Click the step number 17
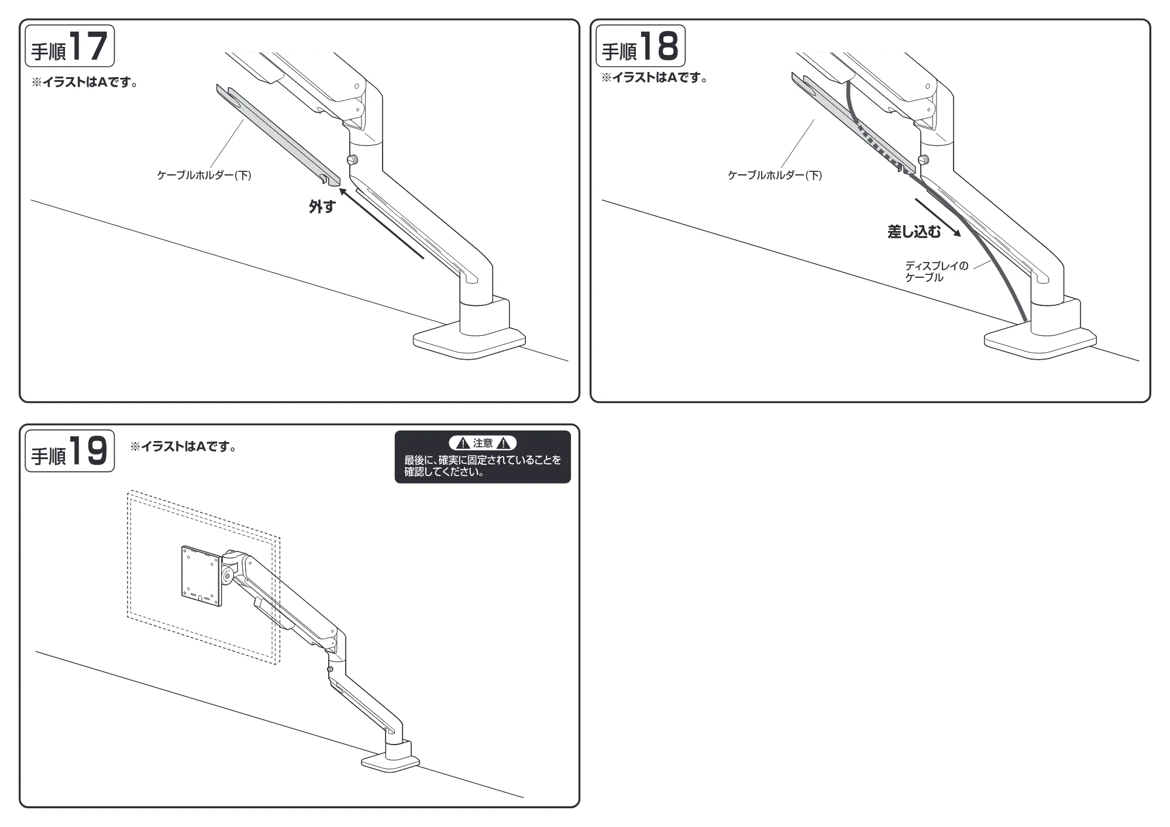tap(88, 46)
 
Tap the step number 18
tap(659, 46)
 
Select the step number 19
tap(88, 451)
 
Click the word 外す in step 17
tap(322, 206)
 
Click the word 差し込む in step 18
tap(914, 232)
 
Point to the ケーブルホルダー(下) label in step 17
tap(204, 175)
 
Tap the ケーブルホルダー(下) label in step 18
tap(775, 175)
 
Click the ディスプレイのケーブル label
tap(937, 271)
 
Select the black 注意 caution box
tap(483, 457)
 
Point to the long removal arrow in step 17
tap(381, 223)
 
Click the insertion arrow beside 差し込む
tap(938, 217)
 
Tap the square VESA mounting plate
tap(201, 576)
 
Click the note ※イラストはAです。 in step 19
tap(184, 447)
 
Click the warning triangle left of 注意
tap(462, 443)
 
